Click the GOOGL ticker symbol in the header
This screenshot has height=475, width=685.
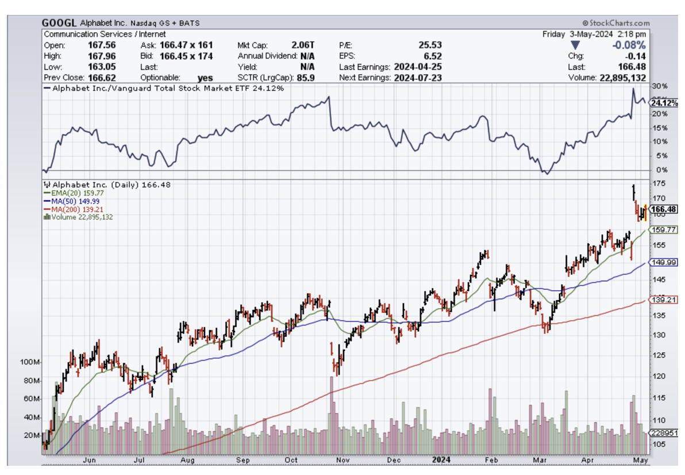pos(59,23)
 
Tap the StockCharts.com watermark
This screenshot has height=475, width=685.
pos(615,23)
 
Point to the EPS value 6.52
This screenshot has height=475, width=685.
pos(432,56)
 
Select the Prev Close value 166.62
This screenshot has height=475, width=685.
pos(100,78)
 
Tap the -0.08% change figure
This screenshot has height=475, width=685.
pos(629,45)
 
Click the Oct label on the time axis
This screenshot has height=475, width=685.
pos(291,460)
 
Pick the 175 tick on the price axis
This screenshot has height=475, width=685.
pos(659,183)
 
